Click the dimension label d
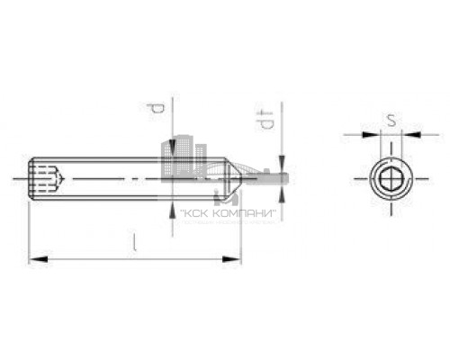156,110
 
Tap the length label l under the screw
134,241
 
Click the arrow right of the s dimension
409,137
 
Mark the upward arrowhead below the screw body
171,206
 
